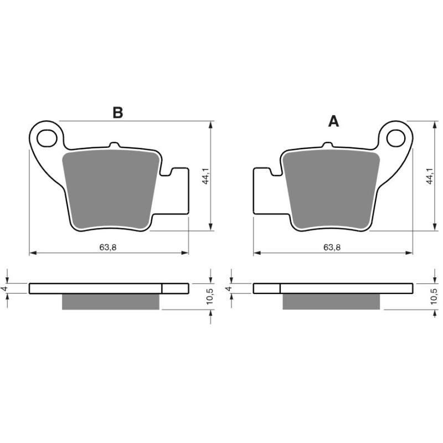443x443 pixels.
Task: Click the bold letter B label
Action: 117,112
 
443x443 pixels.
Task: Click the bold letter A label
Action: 333,121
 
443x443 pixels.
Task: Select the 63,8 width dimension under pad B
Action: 108,247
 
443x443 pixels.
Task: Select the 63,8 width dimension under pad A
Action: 332,247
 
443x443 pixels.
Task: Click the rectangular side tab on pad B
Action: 178,188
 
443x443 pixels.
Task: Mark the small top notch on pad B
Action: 114,145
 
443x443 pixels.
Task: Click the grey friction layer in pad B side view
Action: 111,301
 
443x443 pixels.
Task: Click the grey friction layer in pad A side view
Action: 331,301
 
